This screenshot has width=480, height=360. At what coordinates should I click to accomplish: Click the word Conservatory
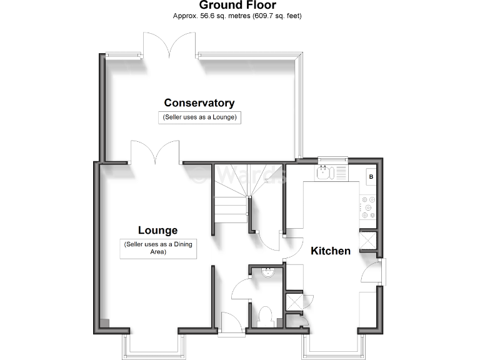pos(199,103)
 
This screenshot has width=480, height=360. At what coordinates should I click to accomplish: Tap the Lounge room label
pos(157,230)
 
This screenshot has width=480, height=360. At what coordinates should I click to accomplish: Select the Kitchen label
pos(331,251)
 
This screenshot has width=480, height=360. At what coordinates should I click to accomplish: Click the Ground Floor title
pos(237,6)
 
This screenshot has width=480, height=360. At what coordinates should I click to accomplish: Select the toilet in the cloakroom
pos(264,315)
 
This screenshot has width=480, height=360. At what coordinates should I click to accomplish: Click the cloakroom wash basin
pos(267,272)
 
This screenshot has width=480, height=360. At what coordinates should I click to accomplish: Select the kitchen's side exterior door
pos(372,273)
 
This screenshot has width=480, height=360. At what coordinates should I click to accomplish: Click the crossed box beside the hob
pos(367,240)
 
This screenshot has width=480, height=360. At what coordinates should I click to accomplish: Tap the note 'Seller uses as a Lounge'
pos(200,117)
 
